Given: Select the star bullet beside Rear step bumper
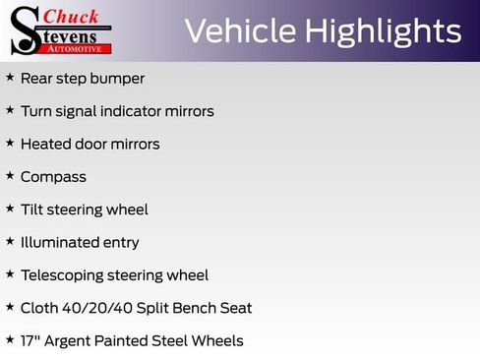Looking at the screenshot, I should (10, 77).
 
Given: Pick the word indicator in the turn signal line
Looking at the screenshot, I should (139, 111).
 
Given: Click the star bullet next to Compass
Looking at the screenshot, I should (10, 175).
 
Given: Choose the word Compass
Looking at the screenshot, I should (53, 177).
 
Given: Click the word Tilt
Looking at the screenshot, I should (31, 210).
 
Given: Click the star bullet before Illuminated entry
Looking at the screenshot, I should (10, 241).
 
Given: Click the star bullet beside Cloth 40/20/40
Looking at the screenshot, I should (10, 307).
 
